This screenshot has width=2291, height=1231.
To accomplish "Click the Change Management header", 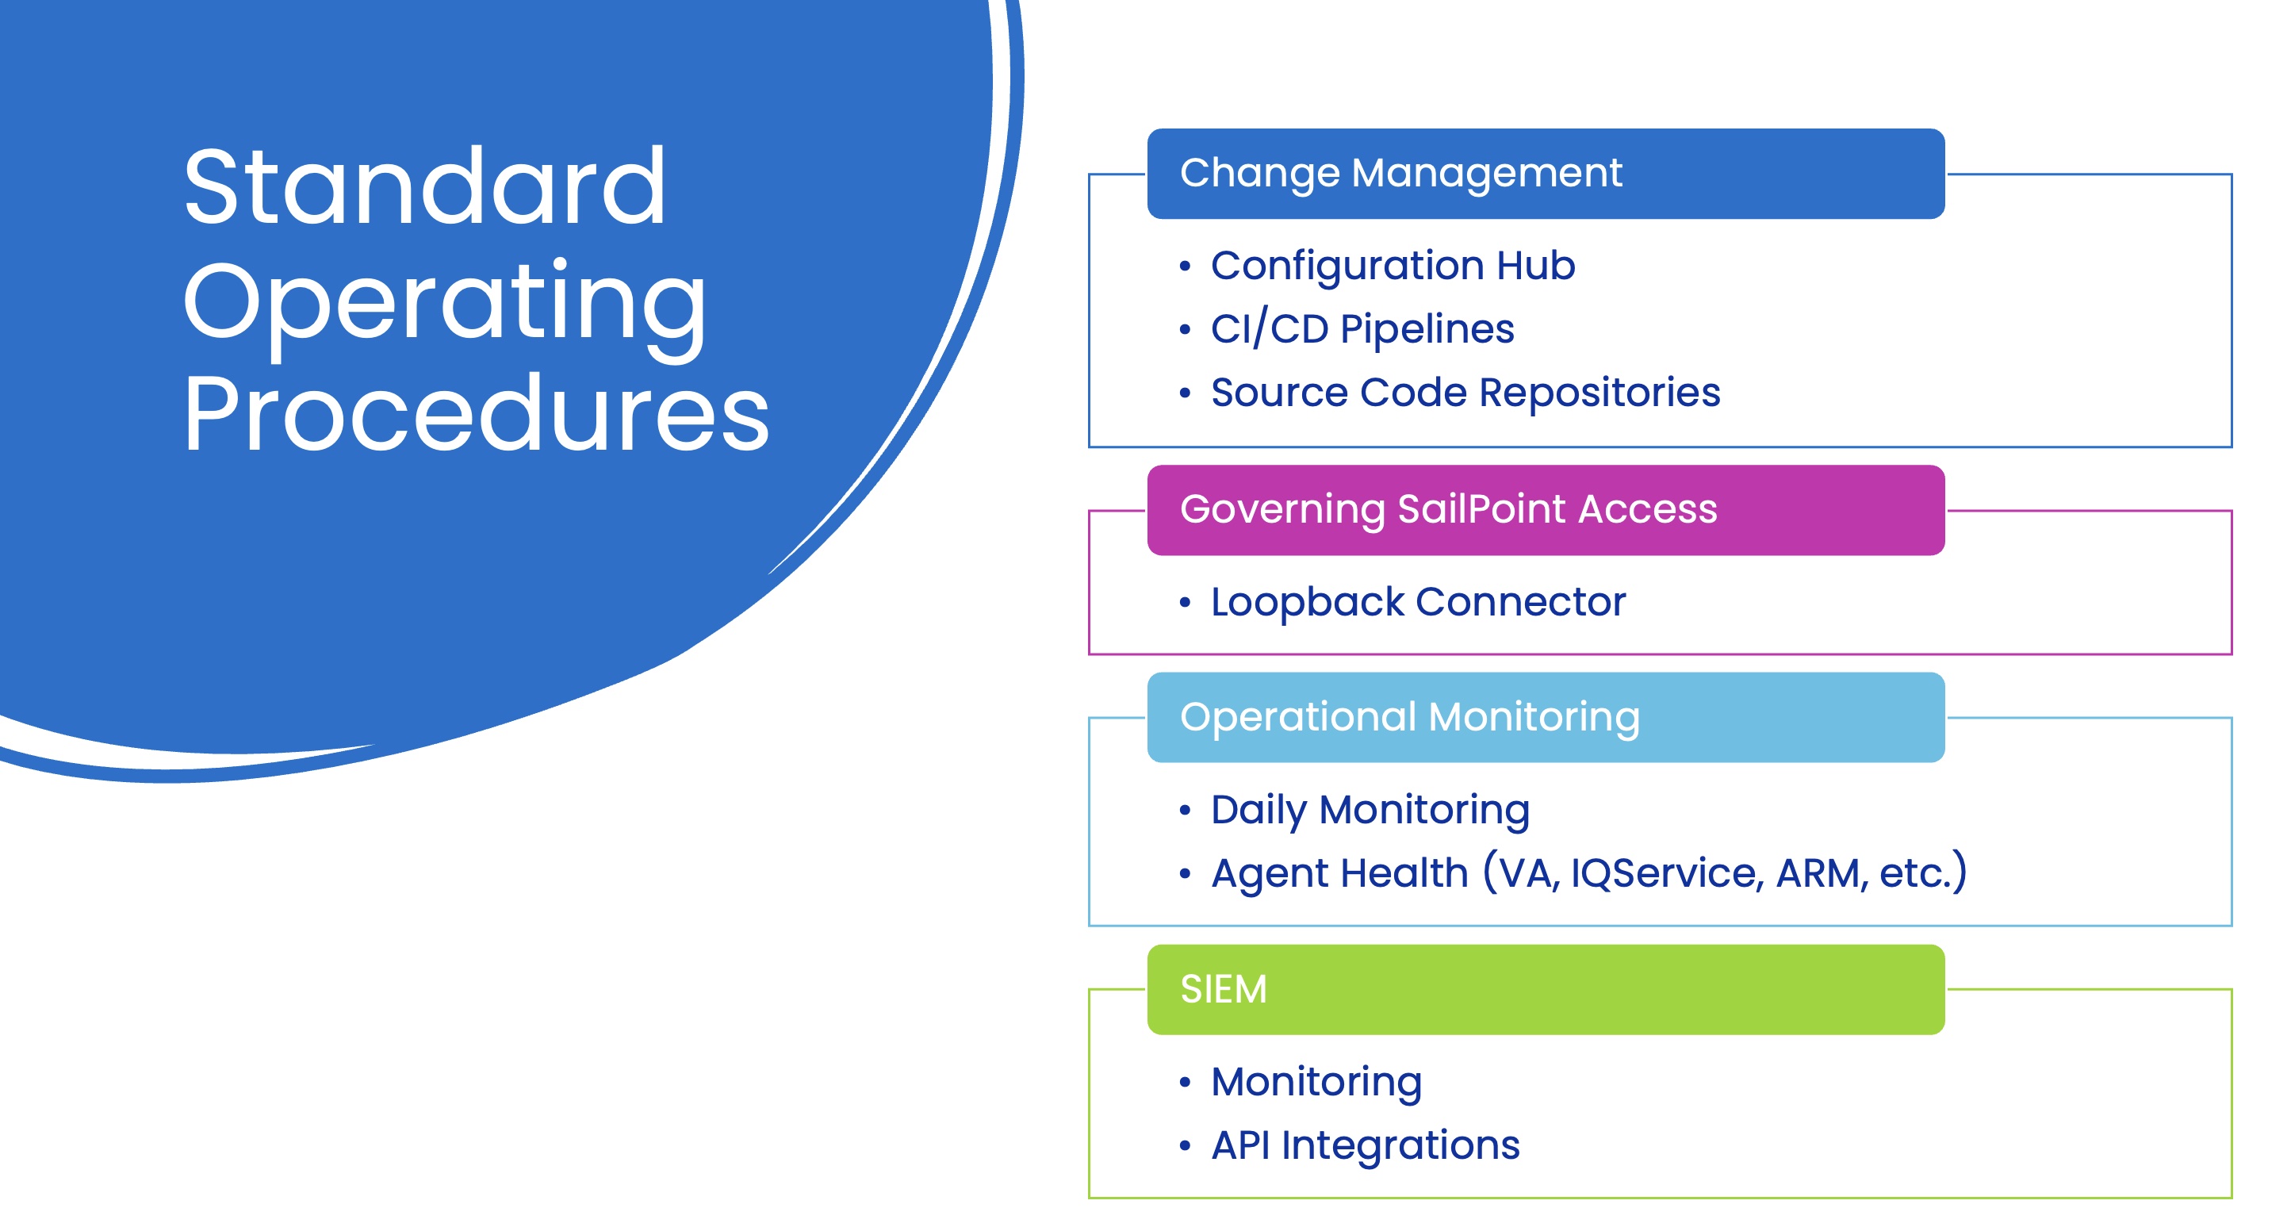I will pos(1400,173).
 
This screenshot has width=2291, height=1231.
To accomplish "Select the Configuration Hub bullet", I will pos(1392,266).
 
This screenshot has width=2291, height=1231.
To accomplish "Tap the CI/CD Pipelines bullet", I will pos(1362,329).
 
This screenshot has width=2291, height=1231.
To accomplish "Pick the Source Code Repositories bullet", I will pos(1465,393).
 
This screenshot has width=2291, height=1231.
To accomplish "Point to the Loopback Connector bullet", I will pos(1418,602).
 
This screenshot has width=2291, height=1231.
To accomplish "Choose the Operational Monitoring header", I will pos(1410,717).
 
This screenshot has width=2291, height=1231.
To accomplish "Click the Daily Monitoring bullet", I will pos(1370,811).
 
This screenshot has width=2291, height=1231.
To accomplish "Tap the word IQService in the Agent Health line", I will pos(1666,873).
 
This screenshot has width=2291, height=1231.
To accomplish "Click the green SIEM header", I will pos(1223,989).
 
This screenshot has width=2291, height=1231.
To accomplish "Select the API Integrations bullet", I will pos(1366,1145).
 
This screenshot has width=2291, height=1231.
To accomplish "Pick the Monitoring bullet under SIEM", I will pos(1316,1083).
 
